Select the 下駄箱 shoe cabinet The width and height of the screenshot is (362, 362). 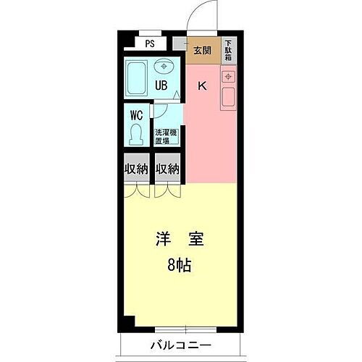click(x=228, y=51)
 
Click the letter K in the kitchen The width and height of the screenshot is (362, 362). click(x=203, y=87)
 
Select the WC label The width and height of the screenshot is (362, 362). click(x=136, y=115)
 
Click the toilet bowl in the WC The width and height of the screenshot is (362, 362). click(x=135, y=135)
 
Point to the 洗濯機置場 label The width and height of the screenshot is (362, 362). click(x=167, y=136)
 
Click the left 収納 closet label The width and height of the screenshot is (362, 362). click(x=137, y=169)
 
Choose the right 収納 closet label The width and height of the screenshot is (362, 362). click(x=168, y=169)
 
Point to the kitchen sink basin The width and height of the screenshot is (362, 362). click(x=229, y=96)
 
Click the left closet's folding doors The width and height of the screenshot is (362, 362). click(x=137, y=192)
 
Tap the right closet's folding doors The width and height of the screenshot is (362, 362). click(x=168, y=192)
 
